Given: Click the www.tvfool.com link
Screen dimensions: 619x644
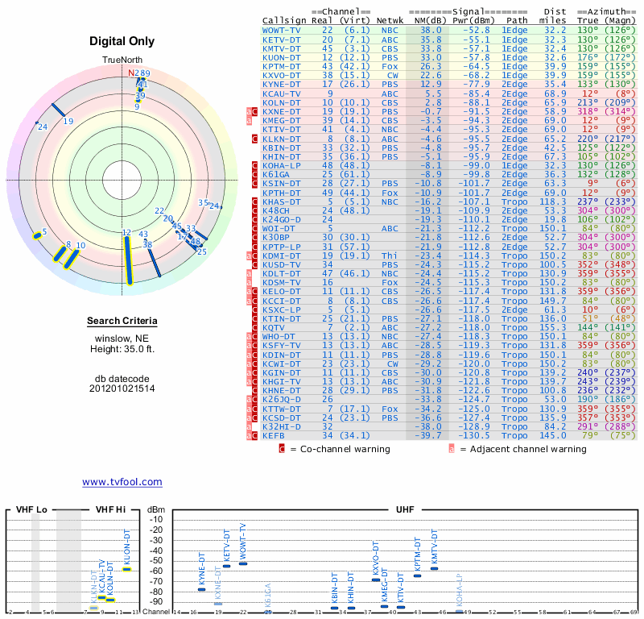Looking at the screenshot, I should pos(122,482).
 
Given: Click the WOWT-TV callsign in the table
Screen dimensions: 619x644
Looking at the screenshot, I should pos(282,30).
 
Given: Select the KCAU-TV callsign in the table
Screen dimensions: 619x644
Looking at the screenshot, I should pos(282,93).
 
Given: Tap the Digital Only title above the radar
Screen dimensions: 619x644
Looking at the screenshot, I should pos(122,42).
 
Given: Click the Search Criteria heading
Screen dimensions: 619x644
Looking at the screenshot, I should pos(122,322).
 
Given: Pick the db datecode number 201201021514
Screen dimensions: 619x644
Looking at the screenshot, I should pos(122,388).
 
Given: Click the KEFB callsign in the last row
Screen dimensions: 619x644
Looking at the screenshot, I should pos(275,435).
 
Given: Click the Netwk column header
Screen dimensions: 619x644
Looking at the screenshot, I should pos(390,19).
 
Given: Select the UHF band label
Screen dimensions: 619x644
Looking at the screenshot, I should pos(405,509).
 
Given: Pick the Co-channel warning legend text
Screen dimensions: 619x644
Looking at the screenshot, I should pos(341,449).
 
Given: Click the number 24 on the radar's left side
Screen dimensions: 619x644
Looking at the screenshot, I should pos(43,127).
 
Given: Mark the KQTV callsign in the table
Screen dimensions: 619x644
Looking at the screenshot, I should pos(274,327).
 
